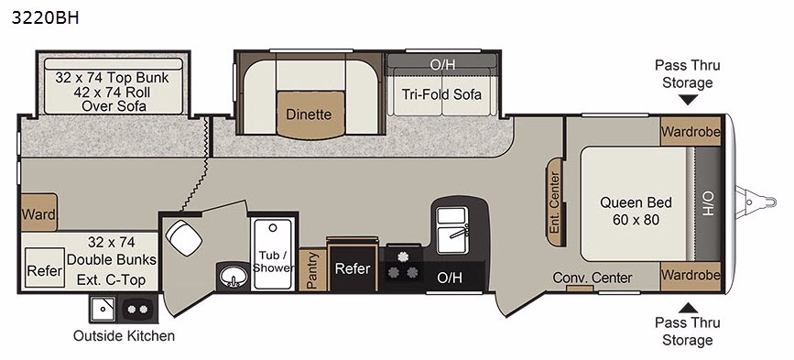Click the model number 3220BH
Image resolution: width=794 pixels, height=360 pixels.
point(45,17)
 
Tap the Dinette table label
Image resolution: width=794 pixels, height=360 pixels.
point(309,114)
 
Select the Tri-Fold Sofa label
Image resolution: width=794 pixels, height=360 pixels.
point(441,94)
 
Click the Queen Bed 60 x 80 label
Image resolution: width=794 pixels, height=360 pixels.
point(636,211)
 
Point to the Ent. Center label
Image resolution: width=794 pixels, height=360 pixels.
point(555,202)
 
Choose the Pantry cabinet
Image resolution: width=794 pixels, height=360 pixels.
point(312,269)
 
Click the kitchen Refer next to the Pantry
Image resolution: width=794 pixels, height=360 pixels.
point(353,268)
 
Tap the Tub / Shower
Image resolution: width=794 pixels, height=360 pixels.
point(273,254)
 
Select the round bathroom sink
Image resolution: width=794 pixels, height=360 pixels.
point(234,277)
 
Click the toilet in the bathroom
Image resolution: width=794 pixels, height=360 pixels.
point(183,238)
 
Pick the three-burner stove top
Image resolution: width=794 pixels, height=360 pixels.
point(403,267)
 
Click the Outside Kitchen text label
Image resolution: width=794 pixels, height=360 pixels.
point(124,335)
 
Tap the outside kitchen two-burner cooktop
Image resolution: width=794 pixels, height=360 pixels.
point(136,309)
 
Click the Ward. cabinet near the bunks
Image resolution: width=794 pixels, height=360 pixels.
point(39,213)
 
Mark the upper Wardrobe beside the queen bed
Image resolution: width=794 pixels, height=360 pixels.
point(691,132)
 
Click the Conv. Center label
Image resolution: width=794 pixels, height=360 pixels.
point(592,278)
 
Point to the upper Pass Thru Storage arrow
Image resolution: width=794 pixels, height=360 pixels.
point(688,99)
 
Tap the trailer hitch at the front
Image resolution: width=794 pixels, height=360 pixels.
point(756,202)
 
